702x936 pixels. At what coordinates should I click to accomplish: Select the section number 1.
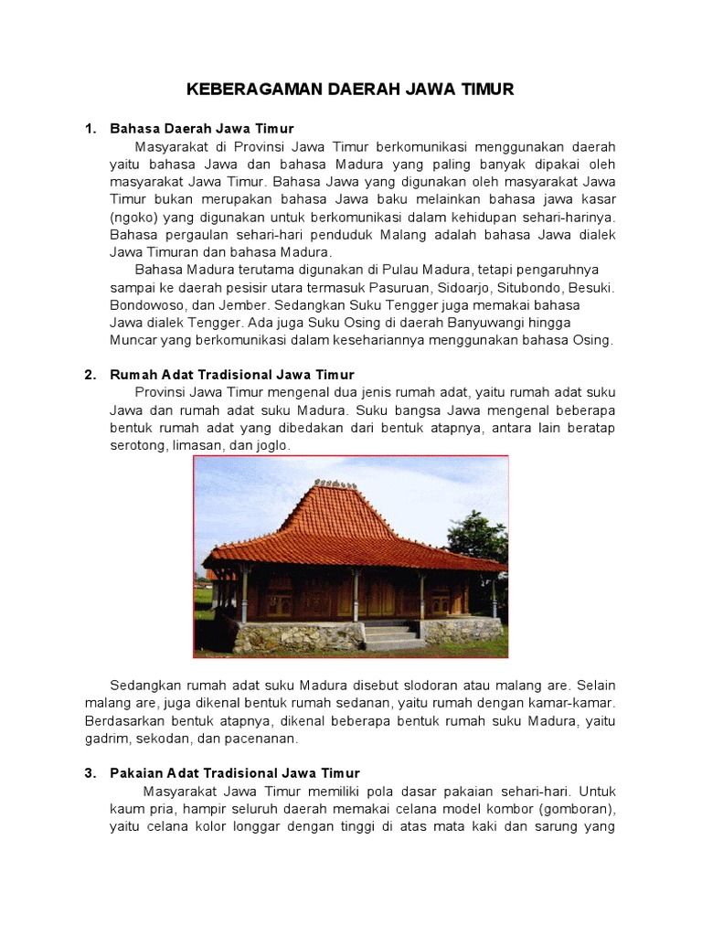pyautogui.click(x=90, y=129)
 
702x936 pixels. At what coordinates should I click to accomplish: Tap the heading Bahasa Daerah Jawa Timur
pyautogui.click(x=201, y=129)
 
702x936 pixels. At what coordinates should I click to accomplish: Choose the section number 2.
pyautogui.click(x=90, y=375)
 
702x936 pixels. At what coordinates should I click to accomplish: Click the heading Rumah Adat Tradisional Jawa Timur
pyautogui.click(x=231, y=375)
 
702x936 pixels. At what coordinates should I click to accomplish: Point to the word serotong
pyautogui.click(x=138, y=445)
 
